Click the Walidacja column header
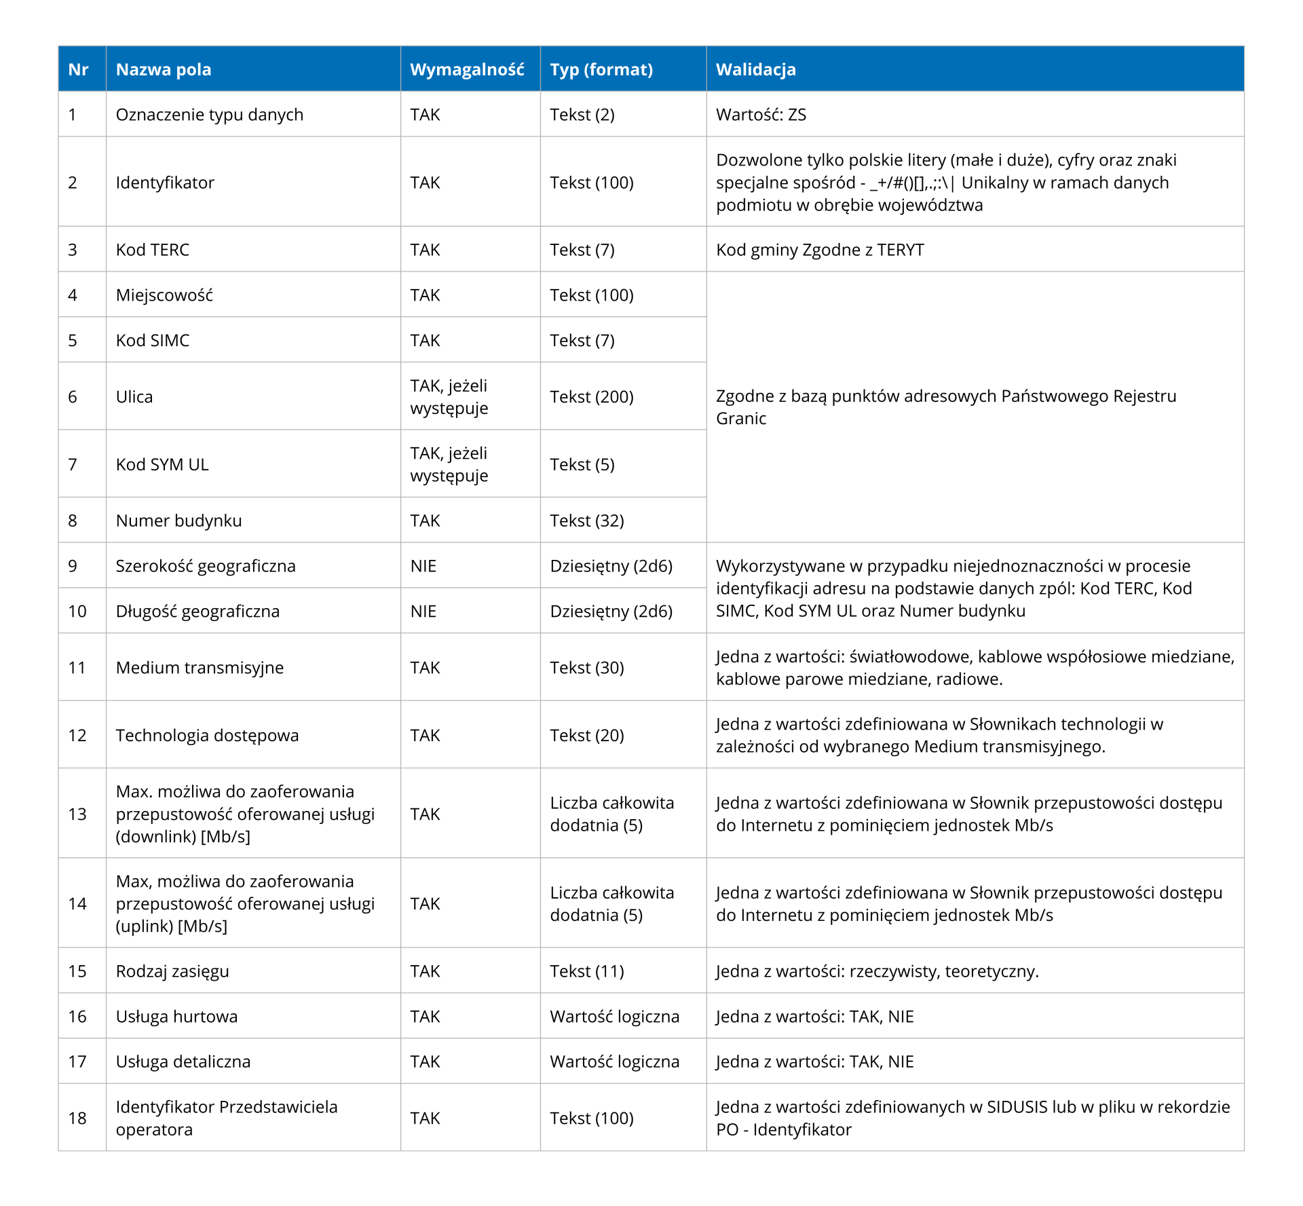pos(755,69)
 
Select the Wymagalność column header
pos(467,69)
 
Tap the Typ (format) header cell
pos(601,69)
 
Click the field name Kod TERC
pos(153,250)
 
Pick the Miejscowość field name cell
pos(164,295)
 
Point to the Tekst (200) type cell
pos(592,397)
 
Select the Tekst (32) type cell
pos(587,521)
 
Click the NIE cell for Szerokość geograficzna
pos(423,566)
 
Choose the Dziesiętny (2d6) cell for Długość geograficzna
pos(611,611)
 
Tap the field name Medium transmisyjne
pos(200,668)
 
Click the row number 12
pos(77,735)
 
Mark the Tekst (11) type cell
pos(587,971)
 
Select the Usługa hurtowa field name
pos(176,1017)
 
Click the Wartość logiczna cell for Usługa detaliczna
pos(614,1061)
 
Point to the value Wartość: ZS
pos(761,115)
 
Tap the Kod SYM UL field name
pos(162,464)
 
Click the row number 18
pos(77,1118)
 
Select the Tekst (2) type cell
pos(582,115)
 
